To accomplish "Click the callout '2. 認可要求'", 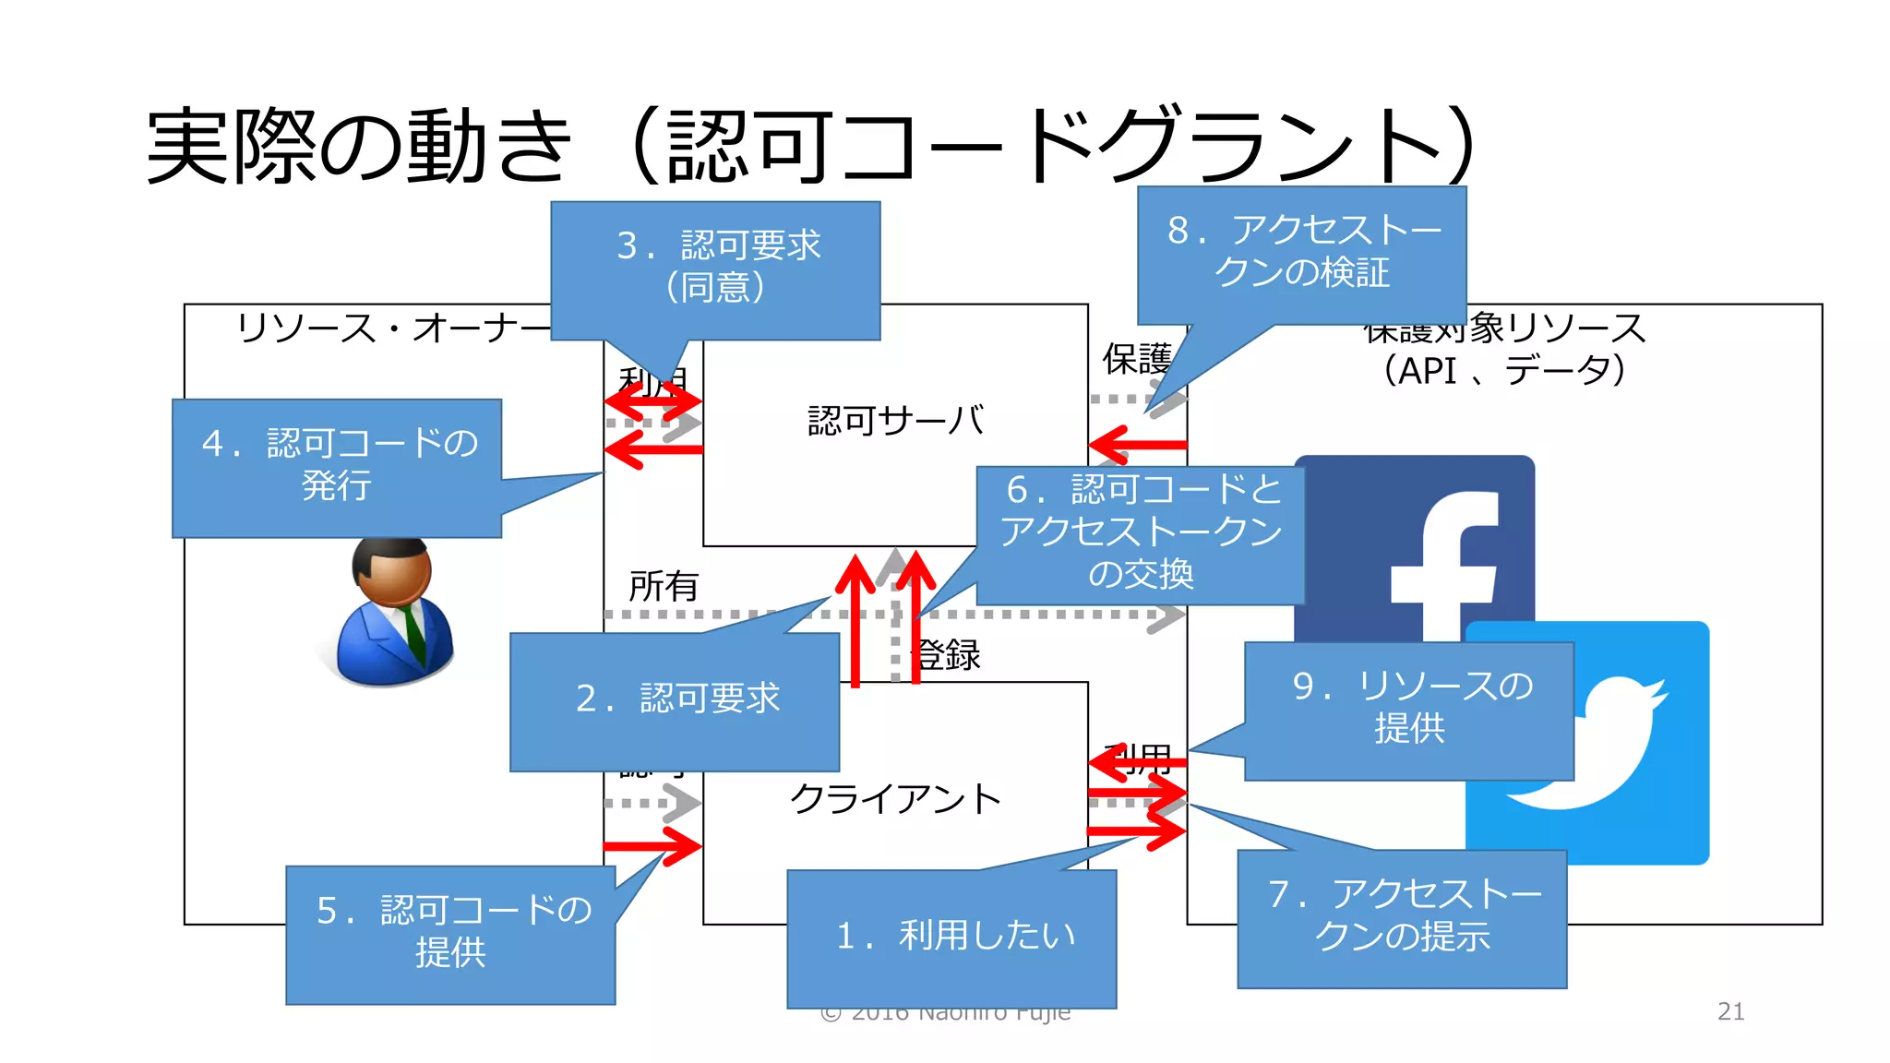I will tap(675, 700).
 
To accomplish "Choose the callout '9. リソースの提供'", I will tap(1409, 710).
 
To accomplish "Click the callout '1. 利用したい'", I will tap(951, 938).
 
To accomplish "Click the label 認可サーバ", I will tap(895, 421).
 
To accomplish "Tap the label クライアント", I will tap(895, 799).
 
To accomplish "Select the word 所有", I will tap(664, 586).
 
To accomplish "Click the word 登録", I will tap(948, 655).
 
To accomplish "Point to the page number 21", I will tap(1730, 1011).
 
